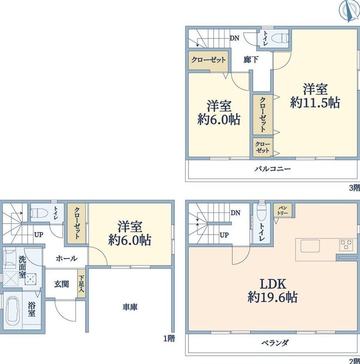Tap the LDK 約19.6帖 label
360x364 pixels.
point(273,290)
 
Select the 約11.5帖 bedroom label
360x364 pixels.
point(315,96)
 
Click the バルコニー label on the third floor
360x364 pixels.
point(273,169)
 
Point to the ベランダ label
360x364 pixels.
point(275,342)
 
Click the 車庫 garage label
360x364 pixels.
point(130,307)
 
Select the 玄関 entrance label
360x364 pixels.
point(61,284)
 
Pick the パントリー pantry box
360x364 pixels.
point(283,210)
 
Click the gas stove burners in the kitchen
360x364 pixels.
point(346,244)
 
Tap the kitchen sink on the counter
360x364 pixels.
point(310,246)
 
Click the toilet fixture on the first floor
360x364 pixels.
point(39,212)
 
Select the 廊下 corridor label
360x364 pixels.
point(251,60)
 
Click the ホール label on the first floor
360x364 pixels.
point(67,258)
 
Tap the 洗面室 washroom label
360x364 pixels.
point(22,267)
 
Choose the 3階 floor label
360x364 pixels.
point(355,188)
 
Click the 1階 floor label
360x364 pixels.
point(169,339)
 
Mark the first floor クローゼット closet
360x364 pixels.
point(77,223)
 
